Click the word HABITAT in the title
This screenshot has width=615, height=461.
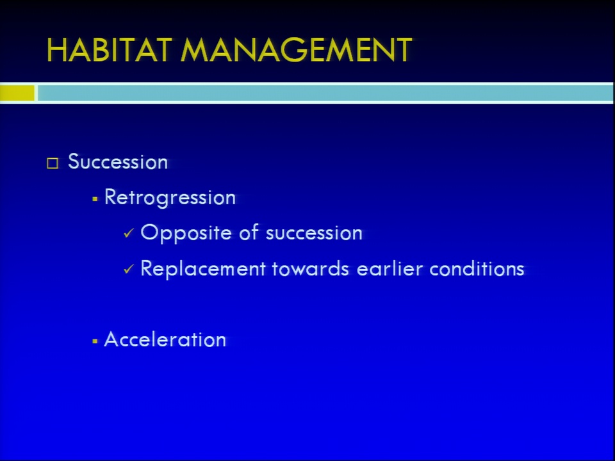(x=110, y=50)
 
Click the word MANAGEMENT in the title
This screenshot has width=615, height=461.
(x=296, y=50)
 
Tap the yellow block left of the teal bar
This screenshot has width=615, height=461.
(x=17, y=93)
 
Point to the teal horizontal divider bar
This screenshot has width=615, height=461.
(x=325, y=93)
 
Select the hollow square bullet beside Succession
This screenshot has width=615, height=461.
(x=53, y=163)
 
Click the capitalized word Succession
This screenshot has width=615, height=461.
(x=118, y=161)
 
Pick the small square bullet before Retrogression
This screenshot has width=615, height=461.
(x=95, y=199)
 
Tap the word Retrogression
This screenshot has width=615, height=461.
(x=170, y=198)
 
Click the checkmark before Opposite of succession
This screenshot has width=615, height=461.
(x=129, y=233)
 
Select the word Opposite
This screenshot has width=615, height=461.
(x=186, y=233)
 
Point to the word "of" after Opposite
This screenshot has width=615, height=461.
(x=249, y=232)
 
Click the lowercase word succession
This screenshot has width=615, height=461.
(x=314, y=233)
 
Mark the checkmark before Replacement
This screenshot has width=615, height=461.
(x=129, y=269)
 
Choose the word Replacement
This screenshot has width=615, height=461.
(x=203, y=269)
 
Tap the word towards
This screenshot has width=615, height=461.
(x=311, y=268)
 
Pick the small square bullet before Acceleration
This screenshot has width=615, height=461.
(x=95, y=341)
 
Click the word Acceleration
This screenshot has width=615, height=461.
(x=165, y=339)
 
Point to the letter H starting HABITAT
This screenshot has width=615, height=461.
(x=57, y=50)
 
